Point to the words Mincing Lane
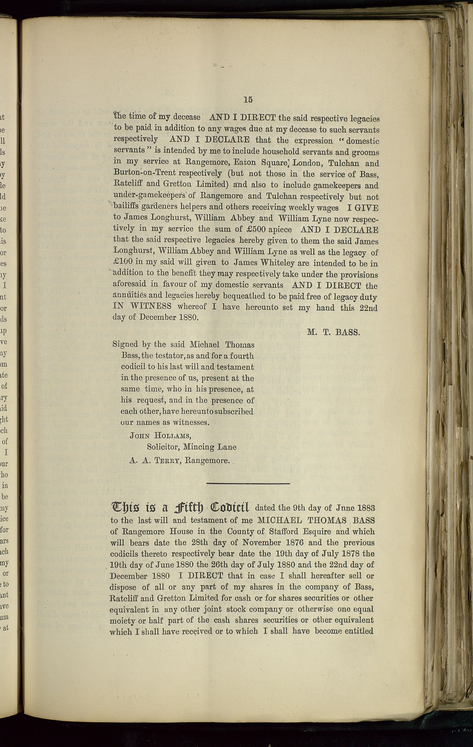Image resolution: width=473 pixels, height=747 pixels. tap(210, 447)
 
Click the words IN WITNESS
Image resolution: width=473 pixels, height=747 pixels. tap(142, 306)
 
